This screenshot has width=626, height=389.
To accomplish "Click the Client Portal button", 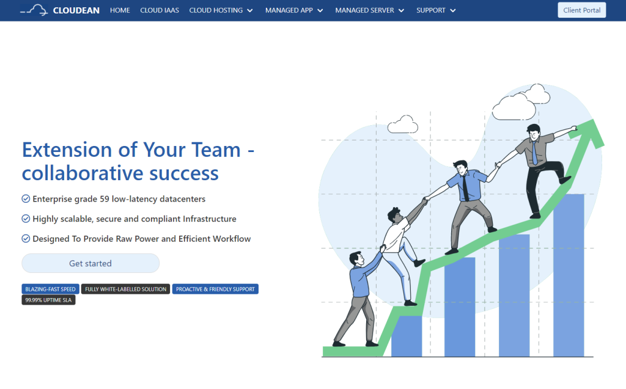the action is [x=581, y=10].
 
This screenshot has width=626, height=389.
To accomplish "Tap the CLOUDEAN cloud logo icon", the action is [x=34, y=10].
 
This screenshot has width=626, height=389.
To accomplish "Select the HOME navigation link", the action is [x=120, y=10].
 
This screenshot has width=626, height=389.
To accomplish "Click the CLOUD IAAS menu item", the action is [x=160, y=10].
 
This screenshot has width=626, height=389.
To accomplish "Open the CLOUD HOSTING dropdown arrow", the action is [x=250, y=11].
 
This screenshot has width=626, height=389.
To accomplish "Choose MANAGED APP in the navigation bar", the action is [x=289, y=10].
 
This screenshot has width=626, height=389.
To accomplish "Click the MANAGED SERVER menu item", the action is [x=364, y=10].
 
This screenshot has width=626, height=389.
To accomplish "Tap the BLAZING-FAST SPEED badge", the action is [x=50, y=289].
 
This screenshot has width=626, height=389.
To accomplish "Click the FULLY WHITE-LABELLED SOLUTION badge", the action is [x=125, y=289].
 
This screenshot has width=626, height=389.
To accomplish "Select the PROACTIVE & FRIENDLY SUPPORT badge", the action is [x=215, y=289].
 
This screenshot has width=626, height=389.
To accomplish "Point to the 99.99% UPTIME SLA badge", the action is [x=48, y=300].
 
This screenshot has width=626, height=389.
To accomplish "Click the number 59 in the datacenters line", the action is [x=104, y=198].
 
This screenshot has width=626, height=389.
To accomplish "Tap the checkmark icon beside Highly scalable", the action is [x=26, y=219].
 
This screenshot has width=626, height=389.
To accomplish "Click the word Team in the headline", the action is [x=216, y=150].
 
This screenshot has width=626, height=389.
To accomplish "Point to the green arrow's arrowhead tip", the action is [x=594, y=119].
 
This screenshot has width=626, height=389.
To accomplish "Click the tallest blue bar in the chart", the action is [x=569, y=275].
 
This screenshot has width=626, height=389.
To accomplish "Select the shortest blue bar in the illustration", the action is [x=407, y=336].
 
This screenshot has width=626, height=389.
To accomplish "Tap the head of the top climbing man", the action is [x=533, y=132].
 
